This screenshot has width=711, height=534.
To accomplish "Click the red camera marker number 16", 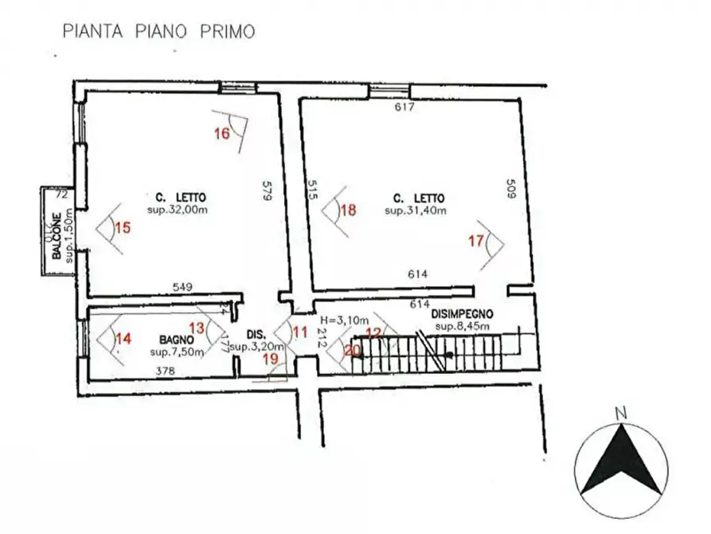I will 222,133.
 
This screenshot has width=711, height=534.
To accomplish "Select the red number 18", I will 348,210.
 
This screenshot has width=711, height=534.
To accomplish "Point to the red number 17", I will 475,240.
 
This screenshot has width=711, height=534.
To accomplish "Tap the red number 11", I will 299,330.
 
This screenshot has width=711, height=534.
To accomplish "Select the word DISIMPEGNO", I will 464,314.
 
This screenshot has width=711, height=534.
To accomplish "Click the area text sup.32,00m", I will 177,210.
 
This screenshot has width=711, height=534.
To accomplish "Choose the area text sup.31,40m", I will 415,210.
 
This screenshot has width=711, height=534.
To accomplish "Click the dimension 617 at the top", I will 405,107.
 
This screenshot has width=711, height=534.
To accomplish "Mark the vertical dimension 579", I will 268,192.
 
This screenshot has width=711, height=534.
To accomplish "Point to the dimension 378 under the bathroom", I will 166,370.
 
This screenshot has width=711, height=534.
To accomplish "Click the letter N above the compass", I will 620,413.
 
